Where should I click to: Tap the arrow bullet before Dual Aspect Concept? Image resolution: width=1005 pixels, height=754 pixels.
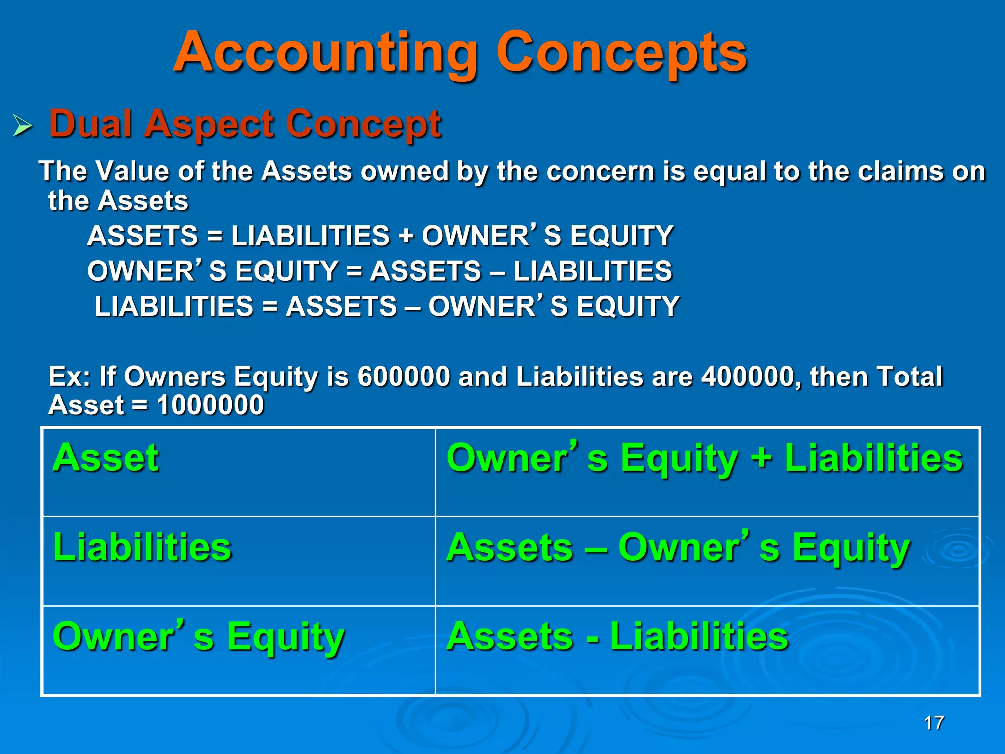22,126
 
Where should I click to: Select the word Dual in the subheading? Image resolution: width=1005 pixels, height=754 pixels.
91,124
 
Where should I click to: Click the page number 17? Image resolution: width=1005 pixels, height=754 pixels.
934,723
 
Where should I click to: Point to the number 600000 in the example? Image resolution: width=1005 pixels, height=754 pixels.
403,377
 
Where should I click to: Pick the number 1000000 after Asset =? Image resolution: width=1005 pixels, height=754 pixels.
210,405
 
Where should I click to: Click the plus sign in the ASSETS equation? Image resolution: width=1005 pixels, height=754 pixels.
405,236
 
